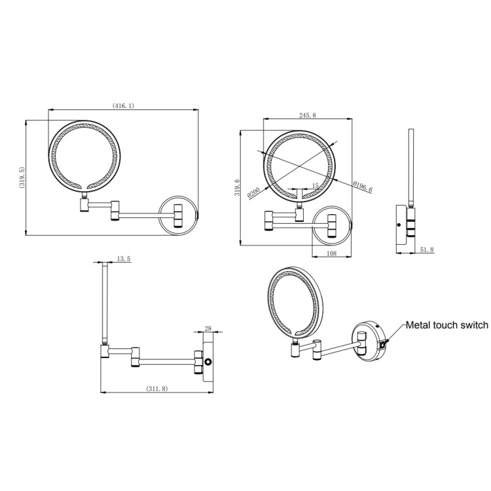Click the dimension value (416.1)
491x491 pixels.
123,106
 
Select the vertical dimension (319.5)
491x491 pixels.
21,177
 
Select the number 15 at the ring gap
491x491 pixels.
316,186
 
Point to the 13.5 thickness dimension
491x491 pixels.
123,259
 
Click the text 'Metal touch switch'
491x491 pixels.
446,325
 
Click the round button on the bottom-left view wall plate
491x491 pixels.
209,362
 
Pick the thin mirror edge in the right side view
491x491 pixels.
410,167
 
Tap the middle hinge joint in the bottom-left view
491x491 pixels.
136,357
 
